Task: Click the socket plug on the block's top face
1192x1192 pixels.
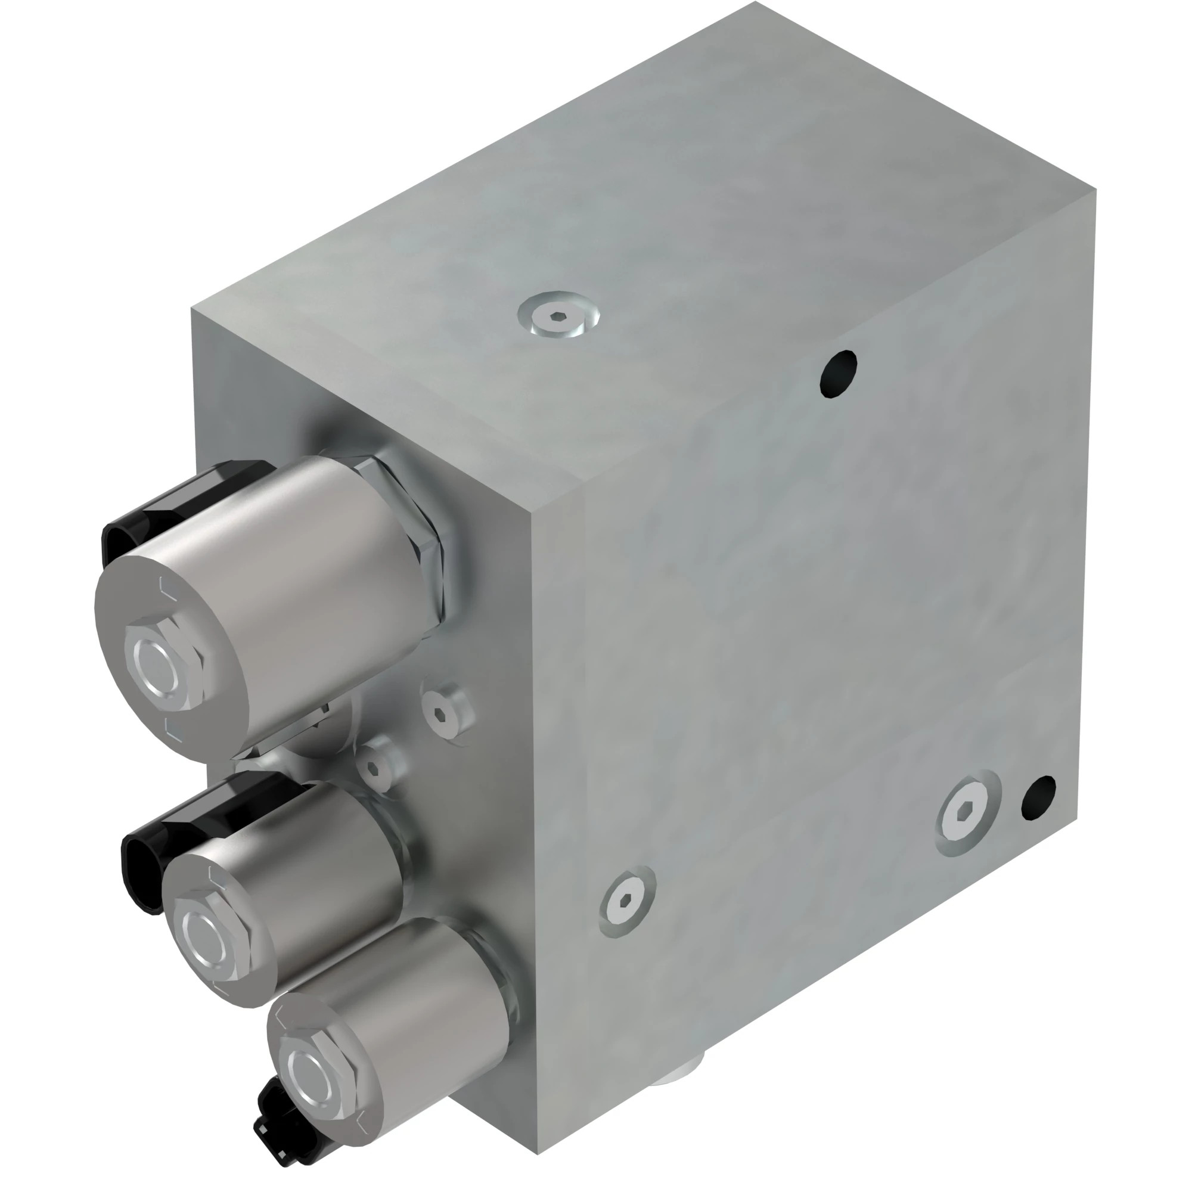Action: [558, 316]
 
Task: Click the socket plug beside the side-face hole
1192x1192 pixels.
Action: [967, 812]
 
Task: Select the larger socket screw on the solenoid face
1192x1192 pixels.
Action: [446, 714]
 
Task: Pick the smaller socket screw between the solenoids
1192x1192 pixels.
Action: [374, 768]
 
